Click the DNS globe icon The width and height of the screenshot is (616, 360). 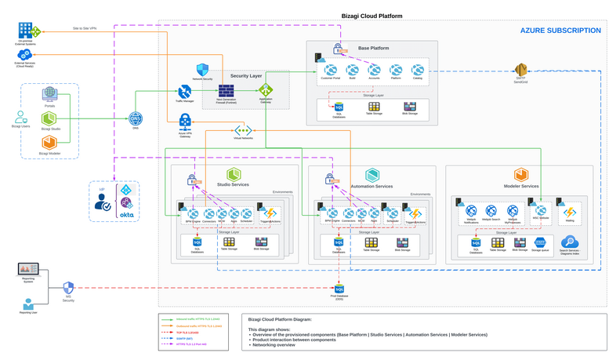(x=136, y=119)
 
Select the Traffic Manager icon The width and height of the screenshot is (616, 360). (x=185, y=91)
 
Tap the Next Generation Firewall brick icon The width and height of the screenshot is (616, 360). (x=225, y=91)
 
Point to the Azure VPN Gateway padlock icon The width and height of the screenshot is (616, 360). (x=185, y=121)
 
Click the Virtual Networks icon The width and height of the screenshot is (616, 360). (x=242, y=130)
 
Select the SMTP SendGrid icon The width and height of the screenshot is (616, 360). (x=520, y=70)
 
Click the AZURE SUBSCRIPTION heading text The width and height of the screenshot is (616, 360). (x=560, y=31)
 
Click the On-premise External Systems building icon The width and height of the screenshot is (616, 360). (x=26, y=31)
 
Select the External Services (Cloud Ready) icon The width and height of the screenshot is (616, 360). (x=26, y=54)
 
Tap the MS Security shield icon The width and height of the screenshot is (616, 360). (x=68, y=288)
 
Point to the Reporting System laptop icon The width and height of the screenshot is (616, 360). (x=27, y=270)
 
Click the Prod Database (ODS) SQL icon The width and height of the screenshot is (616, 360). (x=339, y=289)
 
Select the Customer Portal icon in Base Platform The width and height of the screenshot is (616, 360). (x=331, y=70)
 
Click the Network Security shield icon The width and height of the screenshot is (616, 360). (x=202, y=70)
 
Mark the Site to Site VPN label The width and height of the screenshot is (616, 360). (x=85, y=29)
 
